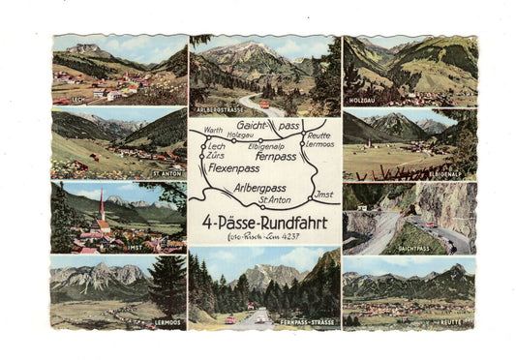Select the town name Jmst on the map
click(x=323, y=194)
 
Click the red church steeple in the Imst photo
click(x=101, y=206)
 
